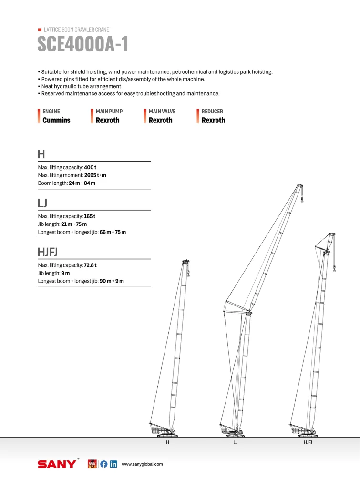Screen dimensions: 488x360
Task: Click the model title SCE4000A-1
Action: coord(82,44)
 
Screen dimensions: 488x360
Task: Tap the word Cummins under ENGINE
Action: coord(56,120)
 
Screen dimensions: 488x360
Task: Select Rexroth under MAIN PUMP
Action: coord(108,120)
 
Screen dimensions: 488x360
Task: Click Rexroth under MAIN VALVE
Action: coord(161,120)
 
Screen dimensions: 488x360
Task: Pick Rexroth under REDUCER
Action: coord(213,120)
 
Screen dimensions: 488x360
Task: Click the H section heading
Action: coord(41,154)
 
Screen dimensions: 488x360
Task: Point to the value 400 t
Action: coord(90,168)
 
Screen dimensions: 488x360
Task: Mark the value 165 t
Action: coord(90,216)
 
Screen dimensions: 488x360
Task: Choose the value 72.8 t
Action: coord(92,265)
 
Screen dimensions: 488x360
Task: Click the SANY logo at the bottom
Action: coord(57,464)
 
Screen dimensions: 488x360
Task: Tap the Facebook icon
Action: coord(104,464)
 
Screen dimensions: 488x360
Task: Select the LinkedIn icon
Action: coord(113,464)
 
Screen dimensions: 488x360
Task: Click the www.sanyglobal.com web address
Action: coord(143,464)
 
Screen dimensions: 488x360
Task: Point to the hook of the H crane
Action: coord(189,274)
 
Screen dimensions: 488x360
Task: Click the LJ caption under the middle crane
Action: coord(236,443)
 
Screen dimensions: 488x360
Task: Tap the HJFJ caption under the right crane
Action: coord(308,443)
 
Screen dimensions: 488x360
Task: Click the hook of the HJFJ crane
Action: coord(334,269)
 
